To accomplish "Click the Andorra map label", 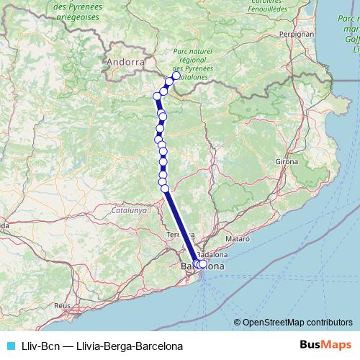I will pos(125,63).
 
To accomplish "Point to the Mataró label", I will pos(237,237).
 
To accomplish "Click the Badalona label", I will pos(212,255).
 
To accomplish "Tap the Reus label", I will pos(63,305).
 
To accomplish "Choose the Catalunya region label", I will pos(129,212).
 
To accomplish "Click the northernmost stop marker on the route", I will pos(176,76).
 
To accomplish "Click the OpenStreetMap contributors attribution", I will pos(297,323).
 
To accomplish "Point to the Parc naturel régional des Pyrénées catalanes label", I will pos(195,63).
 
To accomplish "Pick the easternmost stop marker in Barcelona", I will pos(202,264).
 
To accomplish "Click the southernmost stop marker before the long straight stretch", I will pos(165,189).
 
